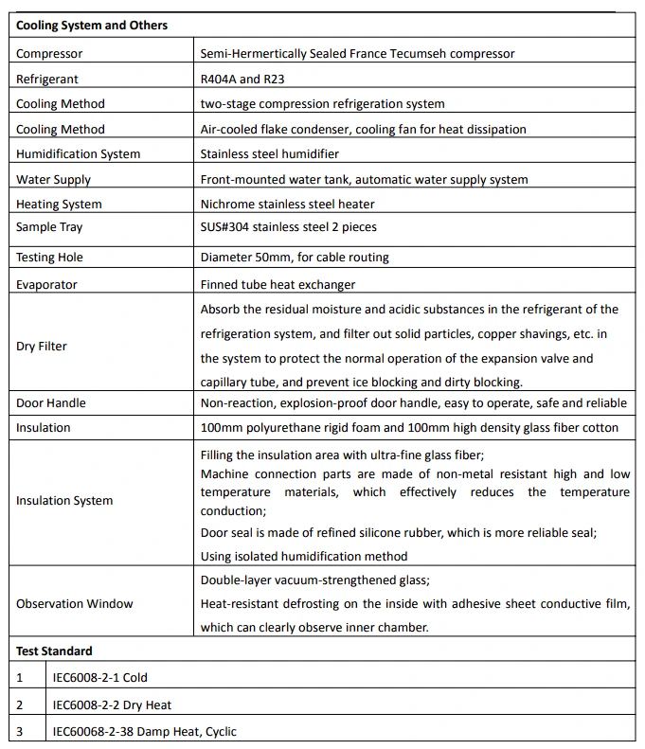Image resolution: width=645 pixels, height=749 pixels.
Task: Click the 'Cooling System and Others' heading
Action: click(92, 26)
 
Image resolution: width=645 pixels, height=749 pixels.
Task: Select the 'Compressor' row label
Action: click(49, 54)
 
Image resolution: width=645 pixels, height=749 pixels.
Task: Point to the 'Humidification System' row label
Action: click(78, 153)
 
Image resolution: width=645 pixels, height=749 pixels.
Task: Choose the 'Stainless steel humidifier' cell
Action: click(269, 153)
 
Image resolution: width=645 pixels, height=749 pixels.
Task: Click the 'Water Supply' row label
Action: click(53, 179)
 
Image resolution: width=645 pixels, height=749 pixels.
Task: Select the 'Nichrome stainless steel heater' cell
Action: click(287, 204)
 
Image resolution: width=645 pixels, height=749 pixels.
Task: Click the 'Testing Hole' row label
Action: click(49, 257)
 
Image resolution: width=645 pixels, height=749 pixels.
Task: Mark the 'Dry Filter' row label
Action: click(42, 346)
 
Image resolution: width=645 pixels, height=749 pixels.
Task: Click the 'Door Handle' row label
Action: click(51, 402)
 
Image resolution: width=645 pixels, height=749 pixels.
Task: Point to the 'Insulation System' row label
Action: click(64, 500)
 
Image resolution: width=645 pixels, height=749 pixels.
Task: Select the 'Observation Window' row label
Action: click(75, 603)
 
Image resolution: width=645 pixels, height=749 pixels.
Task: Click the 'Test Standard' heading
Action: click(54, 651)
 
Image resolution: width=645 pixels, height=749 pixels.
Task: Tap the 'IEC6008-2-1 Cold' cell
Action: click(100, 677)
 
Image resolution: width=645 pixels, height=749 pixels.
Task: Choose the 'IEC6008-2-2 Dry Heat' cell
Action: click(112, 704)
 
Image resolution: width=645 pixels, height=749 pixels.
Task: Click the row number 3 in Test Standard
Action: click(19, 731)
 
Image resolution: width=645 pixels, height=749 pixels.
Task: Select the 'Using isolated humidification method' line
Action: click(304, 556)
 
